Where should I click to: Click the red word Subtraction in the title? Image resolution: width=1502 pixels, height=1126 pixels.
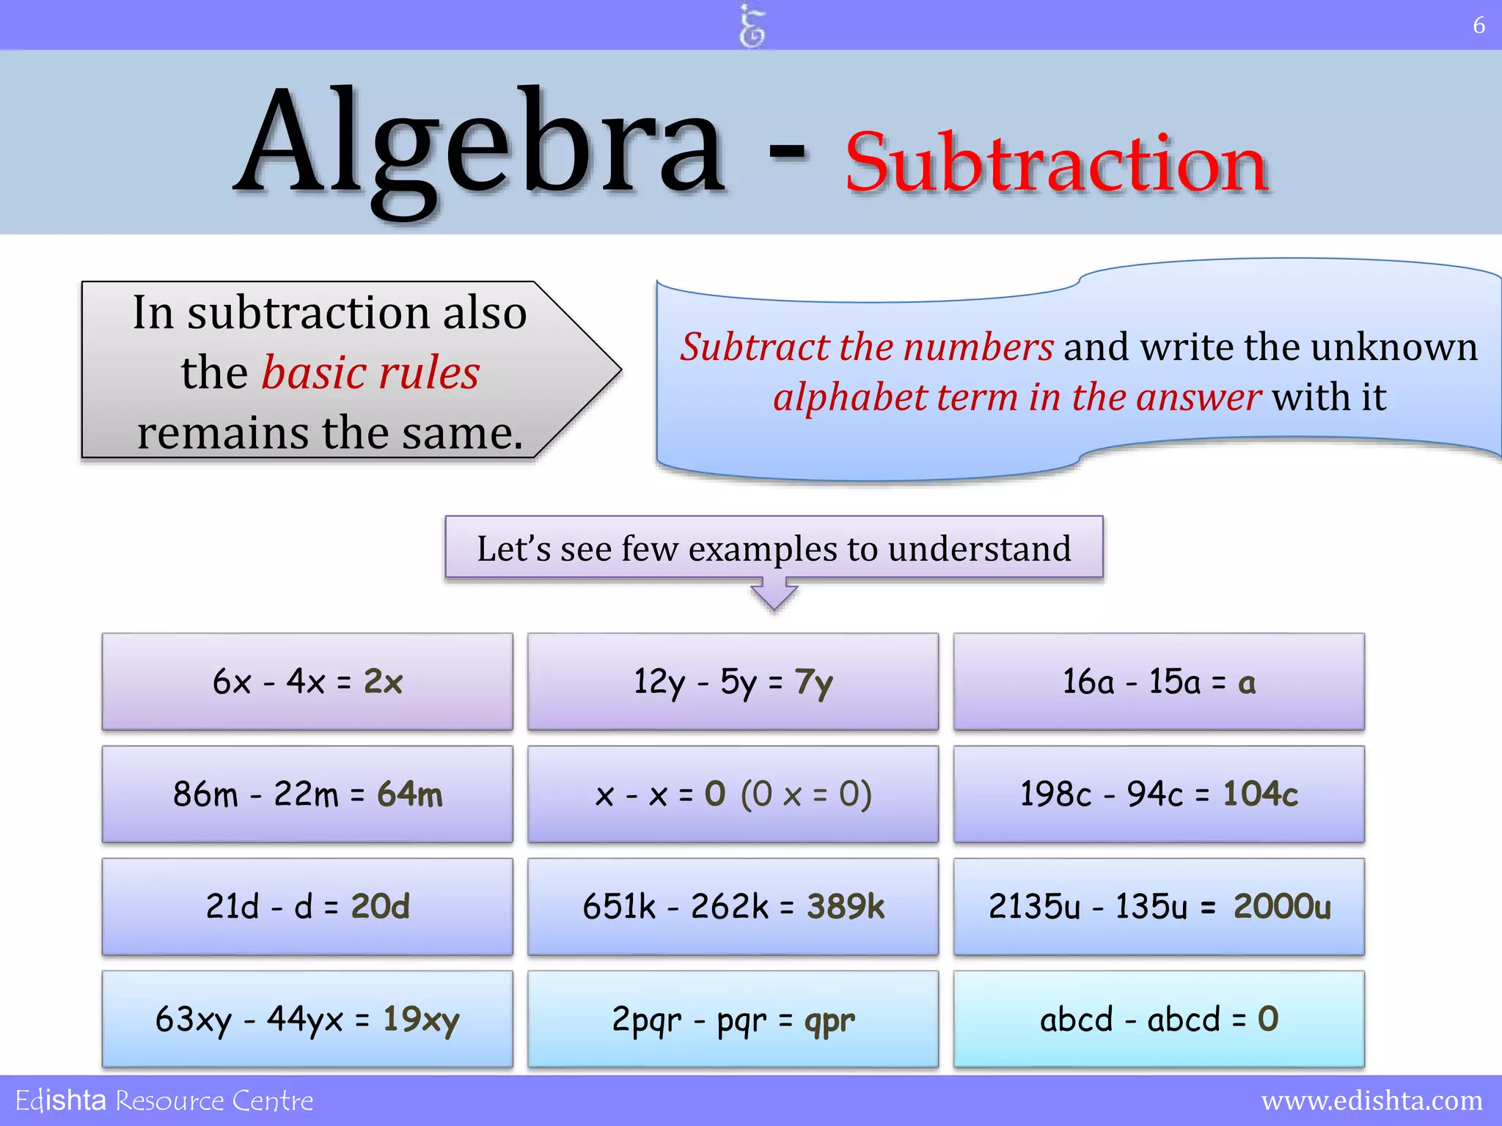point(1056,163)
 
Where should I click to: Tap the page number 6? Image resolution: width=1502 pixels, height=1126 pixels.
point(1479,26)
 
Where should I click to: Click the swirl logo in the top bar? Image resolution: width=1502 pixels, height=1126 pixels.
point(752,26)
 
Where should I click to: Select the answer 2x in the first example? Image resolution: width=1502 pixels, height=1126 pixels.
point(384,682)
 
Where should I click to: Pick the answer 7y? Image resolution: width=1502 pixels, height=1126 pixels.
point(813,682)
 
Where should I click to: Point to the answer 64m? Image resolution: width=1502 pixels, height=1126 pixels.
point(410,794)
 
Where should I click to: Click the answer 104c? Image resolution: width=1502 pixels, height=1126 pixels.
point(1260,794)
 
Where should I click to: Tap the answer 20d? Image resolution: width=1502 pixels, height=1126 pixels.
point(380,907)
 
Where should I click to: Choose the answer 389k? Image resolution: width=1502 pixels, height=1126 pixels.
point(846,907)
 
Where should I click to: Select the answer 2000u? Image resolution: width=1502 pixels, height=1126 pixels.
point(1281,907)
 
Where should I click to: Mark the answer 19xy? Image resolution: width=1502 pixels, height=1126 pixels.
point(421,1020)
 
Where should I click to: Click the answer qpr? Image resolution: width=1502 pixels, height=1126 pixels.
point(829,1020)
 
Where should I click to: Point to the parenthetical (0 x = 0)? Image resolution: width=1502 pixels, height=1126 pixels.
point(806,794)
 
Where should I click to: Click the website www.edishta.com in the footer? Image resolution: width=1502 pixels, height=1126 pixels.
point(1371,1100)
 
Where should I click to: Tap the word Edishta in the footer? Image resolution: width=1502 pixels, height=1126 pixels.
point(61,1100)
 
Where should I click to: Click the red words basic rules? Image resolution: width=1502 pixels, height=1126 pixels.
point(370,372)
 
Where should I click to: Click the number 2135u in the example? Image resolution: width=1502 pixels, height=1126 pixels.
point(1034,907)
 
